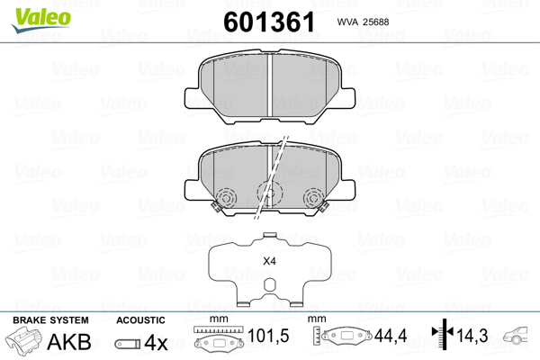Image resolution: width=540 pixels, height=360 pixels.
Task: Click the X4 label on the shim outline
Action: tap(268, 261)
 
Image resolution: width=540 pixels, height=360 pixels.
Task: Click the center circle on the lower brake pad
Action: tap(268, 192)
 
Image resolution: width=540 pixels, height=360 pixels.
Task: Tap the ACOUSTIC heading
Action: tap(140, 320)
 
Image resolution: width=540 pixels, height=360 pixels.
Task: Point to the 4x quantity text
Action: tap(157, 343)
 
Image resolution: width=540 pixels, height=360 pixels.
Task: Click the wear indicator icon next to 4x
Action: tap(128, 344)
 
